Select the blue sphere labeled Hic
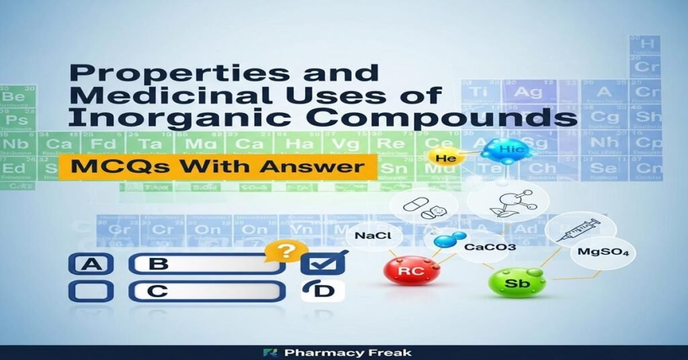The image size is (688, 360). tap(506, 151)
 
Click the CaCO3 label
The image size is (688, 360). tap(480, 246)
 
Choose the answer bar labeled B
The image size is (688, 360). tap(205, 264)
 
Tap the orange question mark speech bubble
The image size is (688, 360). tap(283, 253)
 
